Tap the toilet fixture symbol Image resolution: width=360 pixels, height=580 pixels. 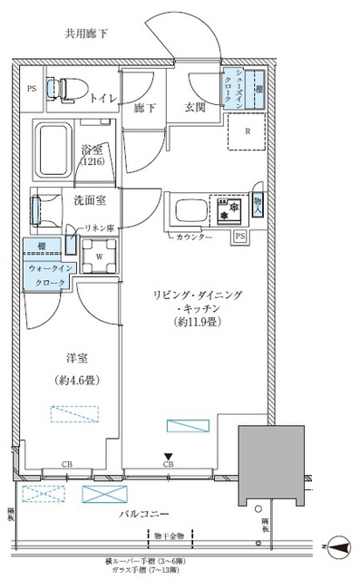coord(71,89)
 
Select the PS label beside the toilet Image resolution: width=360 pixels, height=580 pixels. coord(32,89)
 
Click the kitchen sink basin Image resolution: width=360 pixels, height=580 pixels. coord(187,211)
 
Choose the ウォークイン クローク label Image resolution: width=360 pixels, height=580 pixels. coord(46,275)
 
